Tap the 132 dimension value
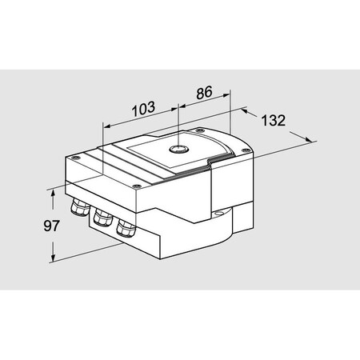click(x=274, y=121)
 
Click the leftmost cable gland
click(x=80, y=210)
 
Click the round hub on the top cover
click(x=176, y=149)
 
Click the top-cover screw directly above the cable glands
click(x=139, y=186)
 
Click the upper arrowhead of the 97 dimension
click(x=54, y=190)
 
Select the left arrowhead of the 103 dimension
click(x=106, y=125)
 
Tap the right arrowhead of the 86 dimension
click(x=228, y=102)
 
